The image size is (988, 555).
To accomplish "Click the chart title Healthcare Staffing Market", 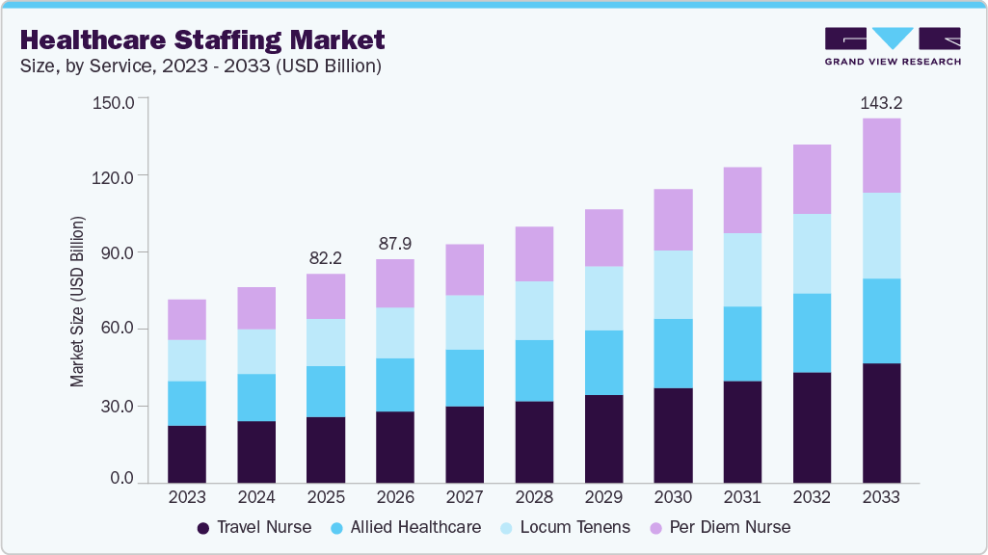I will [202, 40].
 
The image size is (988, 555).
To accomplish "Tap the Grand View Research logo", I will [892, 46].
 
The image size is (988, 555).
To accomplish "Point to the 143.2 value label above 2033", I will [881, 102].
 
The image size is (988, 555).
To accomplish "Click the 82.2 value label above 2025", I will [326, 258].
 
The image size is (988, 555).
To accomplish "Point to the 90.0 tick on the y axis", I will [117, 252].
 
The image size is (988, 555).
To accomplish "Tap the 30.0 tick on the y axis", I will [117, 406].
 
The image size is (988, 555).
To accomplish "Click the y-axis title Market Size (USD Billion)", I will [77, 303].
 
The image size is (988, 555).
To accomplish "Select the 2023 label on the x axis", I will [187, 498].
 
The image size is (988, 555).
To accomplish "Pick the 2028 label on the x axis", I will [534, 498].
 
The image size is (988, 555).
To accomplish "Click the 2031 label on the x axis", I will [742, 498].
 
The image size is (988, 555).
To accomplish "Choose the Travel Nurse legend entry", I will [254, 527].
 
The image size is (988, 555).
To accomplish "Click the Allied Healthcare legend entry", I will [405, 527].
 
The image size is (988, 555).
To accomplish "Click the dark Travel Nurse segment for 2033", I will [881, 423].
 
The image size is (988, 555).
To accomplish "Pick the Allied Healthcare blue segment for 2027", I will [465, 378].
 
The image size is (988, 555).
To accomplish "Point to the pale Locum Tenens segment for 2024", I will [256, 352].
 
